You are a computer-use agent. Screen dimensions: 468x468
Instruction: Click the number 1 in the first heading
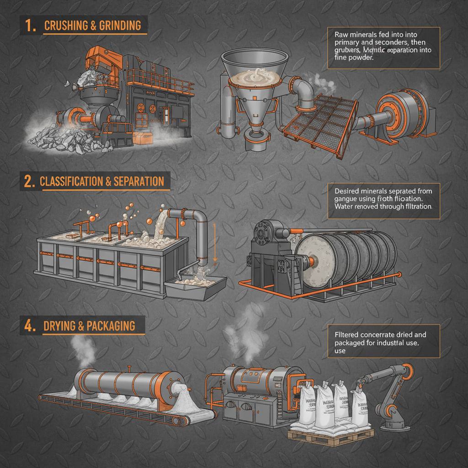[31, 26]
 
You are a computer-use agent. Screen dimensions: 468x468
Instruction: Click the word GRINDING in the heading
[121, 26]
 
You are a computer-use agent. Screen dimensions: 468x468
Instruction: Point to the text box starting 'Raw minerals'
[383, 48]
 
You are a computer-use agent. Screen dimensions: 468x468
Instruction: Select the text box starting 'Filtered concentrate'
[383, 341]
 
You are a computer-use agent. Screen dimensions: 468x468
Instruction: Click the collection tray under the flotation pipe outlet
[197, 286]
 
